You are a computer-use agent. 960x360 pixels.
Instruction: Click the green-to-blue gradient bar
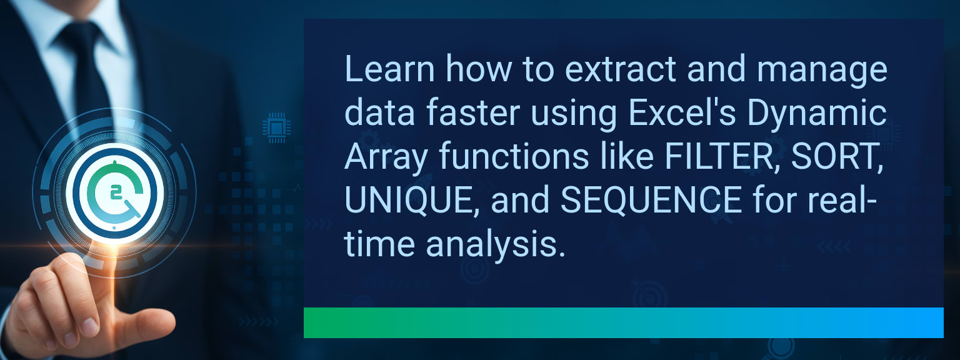coord(623,322)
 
